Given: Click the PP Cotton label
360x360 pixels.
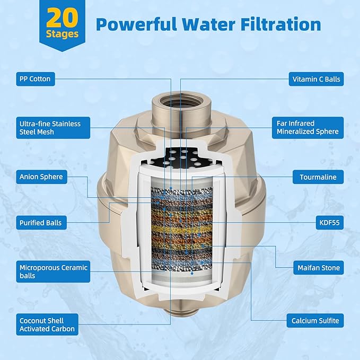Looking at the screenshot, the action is coord(36,79).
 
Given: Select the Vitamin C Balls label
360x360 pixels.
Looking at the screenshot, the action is coord(316,79).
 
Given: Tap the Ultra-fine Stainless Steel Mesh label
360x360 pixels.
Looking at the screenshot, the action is coord(53,128).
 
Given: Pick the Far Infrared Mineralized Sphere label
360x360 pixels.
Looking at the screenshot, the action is coord(308,128).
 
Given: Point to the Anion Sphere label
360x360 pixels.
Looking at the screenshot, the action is coord(41,177).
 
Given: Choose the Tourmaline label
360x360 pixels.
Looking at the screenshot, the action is coord(318,177).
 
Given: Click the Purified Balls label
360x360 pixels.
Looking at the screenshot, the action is coord(41,223).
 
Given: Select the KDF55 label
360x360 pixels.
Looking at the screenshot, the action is coord(330,223).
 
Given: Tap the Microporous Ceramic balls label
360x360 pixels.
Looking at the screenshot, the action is coord(53,271).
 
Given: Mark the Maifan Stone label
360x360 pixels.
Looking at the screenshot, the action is coord(319,268).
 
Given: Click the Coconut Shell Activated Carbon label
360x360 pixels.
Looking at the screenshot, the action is coord(47,324).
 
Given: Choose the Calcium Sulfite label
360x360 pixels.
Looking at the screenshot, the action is coord(315,321).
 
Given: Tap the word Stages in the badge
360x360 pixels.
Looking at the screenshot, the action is coord(62,34).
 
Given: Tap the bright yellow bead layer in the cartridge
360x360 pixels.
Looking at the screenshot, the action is coord(181,229).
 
